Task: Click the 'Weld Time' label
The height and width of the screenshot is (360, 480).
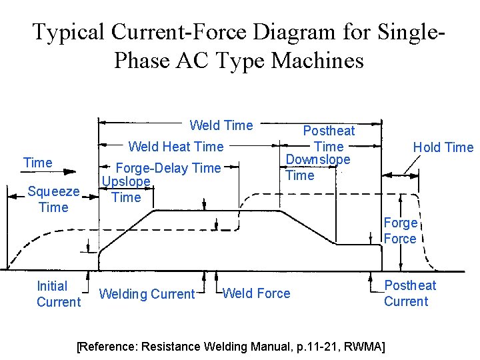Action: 221,125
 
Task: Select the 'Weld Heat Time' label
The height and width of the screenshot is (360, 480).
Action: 176,147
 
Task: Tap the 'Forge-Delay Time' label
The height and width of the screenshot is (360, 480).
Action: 167,168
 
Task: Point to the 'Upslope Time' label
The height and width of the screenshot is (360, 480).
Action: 126,189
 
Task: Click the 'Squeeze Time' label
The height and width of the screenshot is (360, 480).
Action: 53,199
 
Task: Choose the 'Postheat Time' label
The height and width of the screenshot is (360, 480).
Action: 329,139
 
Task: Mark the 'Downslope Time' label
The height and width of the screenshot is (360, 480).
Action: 318,167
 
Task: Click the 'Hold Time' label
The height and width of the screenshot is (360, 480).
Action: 443,147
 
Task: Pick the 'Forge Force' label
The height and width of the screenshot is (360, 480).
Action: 400,231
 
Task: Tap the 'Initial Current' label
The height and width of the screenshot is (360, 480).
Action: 58,294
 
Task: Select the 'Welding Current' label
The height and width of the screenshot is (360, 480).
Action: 147,294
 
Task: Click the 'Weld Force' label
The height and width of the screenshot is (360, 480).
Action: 256,293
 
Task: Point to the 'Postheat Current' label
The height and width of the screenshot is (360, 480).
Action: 409,293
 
